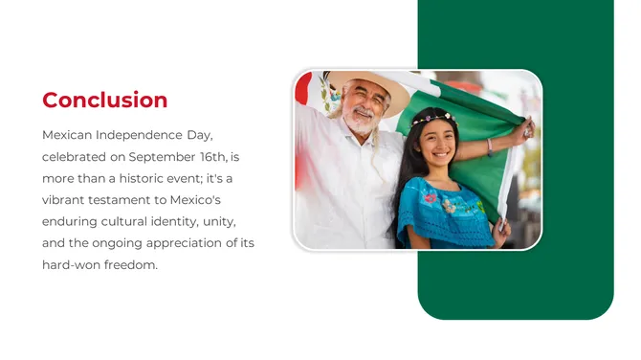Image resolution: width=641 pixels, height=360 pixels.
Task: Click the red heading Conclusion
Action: pyautogui.click(x=105, y=101)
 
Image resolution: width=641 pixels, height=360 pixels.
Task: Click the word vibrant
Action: pyautogui.click(x=65, y=200)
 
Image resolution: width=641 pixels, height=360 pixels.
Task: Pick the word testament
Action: pyautogui.click(x=124, y=200)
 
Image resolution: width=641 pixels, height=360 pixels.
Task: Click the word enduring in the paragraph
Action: pyautogui.click(x=71, y=222)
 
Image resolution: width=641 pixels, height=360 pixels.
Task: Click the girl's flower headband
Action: pyautogui.click(x=432, y=119)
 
